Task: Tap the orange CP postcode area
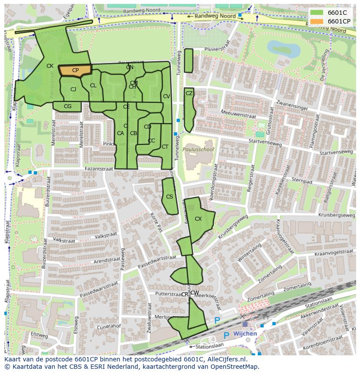coord(75,71)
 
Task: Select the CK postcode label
coord(50,66)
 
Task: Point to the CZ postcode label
coord(189,93)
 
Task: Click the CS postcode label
coord(170,197)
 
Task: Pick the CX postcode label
coord(198,219)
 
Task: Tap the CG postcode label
coord(67,106)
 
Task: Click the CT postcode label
coord(165,147)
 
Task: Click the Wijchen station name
coord(245,334)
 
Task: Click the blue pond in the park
coord(282,49)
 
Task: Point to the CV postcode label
coord(166,96)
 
